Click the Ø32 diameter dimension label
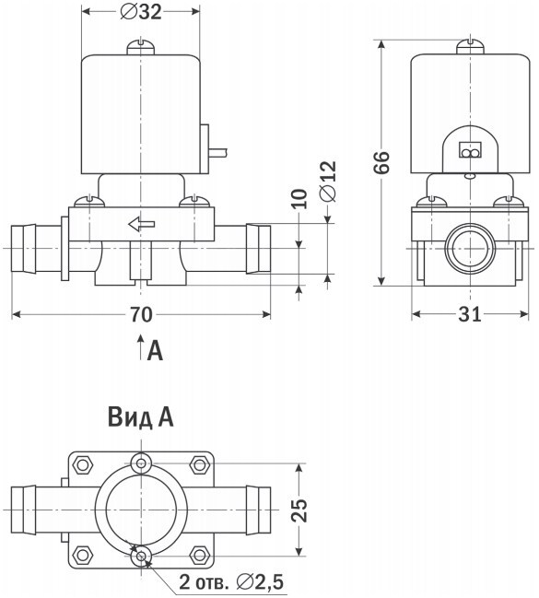pos(141,12)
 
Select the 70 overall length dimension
pos(141,314)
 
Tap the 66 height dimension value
pos(381,162)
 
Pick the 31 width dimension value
pos(470,314)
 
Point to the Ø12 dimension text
pos(328,182)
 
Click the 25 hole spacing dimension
pos(299,510)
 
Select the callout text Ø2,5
pos(260,582)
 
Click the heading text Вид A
pos(141,417)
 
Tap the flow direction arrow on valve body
pos(142,224)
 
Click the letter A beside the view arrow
pos(156,350)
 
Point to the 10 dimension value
pos(299,199)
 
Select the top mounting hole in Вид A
pos(141,463)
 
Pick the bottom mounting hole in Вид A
pos(141,557)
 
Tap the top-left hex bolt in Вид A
pos(82,464)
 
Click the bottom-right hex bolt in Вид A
pos(199,556)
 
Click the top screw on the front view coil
pos(141,47)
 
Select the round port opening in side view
pos(470,249)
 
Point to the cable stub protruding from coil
pos(218,152)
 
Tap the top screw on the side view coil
pos(470,47)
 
